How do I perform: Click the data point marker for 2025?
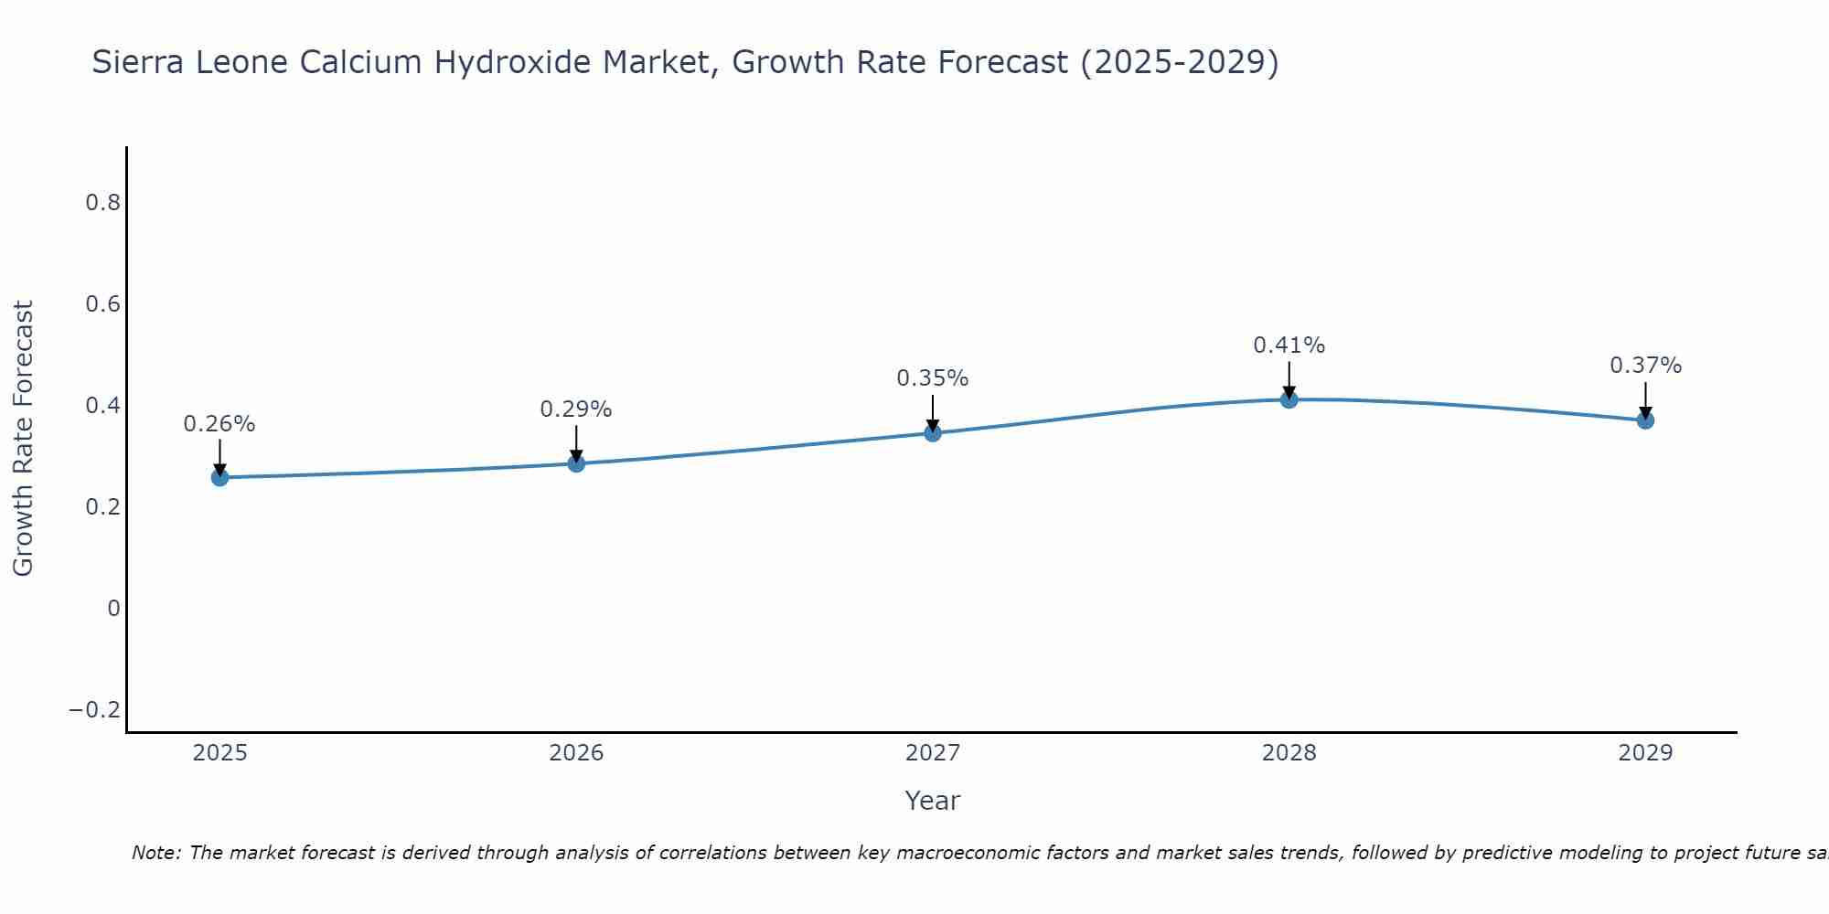coord(219,477)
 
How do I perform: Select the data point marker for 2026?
coord(576,463)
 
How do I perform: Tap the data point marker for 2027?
coord(933,432)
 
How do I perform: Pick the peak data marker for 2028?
coord(1289,399)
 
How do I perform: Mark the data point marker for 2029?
coord(1645,420)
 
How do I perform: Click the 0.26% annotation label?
coord(219,424)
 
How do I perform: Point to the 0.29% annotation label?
coord(576,409)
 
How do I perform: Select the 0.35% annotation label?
coord(933,378)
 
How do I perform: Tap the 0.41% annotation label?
coord(1289,345)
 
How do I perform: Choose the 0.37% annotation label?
coord(1645,366)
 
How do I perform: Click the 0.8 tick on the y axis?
coord(103,203)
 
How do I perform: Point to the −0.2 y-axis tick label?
coord(95,710)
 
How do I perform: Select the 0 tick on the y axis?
coord(113,609)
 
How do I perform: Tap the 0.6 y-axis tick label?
coord(103,304)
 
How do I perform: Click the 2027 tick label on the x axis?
coord(933,753)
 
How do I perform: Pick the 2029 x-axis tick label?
coord(1645,753)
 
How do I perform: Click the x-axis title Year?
coord(933,801)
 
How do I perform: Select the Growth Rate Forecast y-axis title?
coord(24,439)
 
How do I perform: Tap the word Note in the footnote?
coord(155,853)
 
